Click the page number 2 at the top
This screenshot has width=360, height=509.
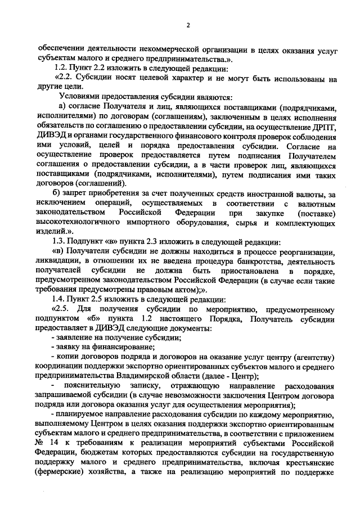coord(188,25)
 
